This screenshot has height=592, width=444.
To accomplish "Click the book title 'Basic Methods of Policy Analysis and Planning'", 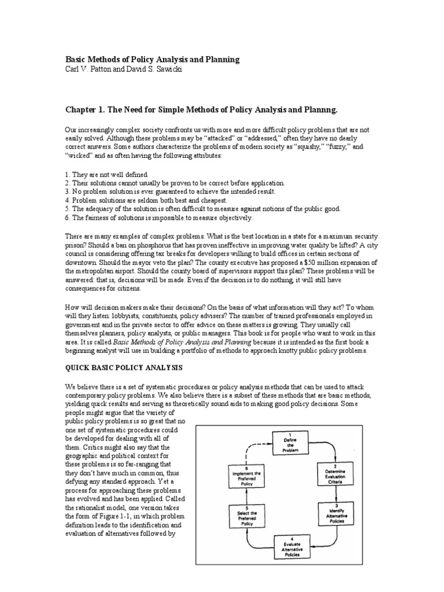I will point(151,60).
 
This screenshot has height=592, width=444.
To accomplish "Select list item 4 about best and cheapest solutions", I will point(135,200).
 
